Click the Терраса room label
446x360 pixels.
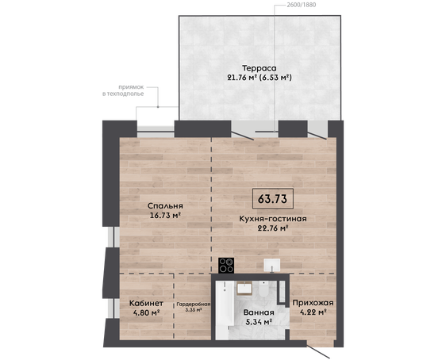260,68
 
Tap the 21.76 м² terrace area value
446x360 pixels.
242,78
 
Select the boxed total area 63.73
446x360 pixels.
272,199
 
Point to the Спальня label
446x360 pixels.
165,206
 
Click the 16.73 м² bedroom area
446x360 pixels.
166,216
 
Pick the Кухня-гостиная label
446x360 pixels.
273,219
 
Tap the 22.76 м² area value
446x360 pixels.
273,228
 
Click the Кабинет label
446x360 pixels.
146,303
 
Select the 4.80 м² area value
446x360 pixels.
146,313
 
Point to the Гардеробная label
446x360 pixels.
194,304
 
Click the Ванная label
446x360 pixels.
259,312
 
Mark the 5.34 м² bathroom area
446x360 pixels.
259,322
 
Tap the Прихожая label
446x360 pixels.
313,303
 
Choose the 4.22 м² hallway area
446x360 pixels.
313,312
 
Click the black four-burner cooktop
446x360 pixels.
226,266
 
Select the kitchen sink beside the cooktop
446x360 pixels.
272,266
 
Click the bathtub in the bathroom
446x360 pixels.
225,310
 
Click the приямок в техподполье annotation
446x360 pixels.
123,90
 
